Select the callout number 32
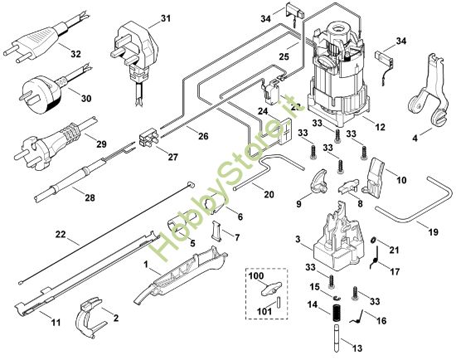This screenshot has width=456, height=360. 75,53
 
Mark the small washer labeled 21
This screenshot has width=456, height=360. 374,241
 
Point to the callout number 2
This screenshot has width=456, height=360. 115,318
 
